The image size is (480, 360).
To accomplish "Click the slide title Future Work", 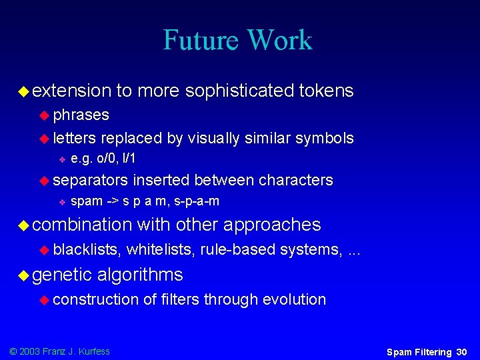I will click(237, 40).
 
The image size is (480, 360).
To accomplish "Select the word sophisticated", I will click(241, 91).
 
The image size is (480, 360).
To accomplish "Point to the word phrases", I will click(81, 115).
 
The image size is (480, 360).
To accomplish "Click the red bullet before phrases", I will click(44, 115).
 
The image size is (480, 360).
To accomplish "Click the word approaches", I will click(272, 225).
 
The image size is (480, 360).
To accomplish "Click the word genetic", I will click(61, 275).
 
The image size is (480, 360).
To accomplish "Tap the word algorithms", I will click(140, 275).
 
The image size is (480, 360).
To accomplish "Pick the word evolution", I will click(294, 299).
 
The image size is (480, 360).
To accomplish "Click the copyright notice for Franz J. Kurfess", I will click(59, 351).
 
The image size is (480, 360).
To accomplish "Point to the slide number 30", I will click(462, 351).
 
